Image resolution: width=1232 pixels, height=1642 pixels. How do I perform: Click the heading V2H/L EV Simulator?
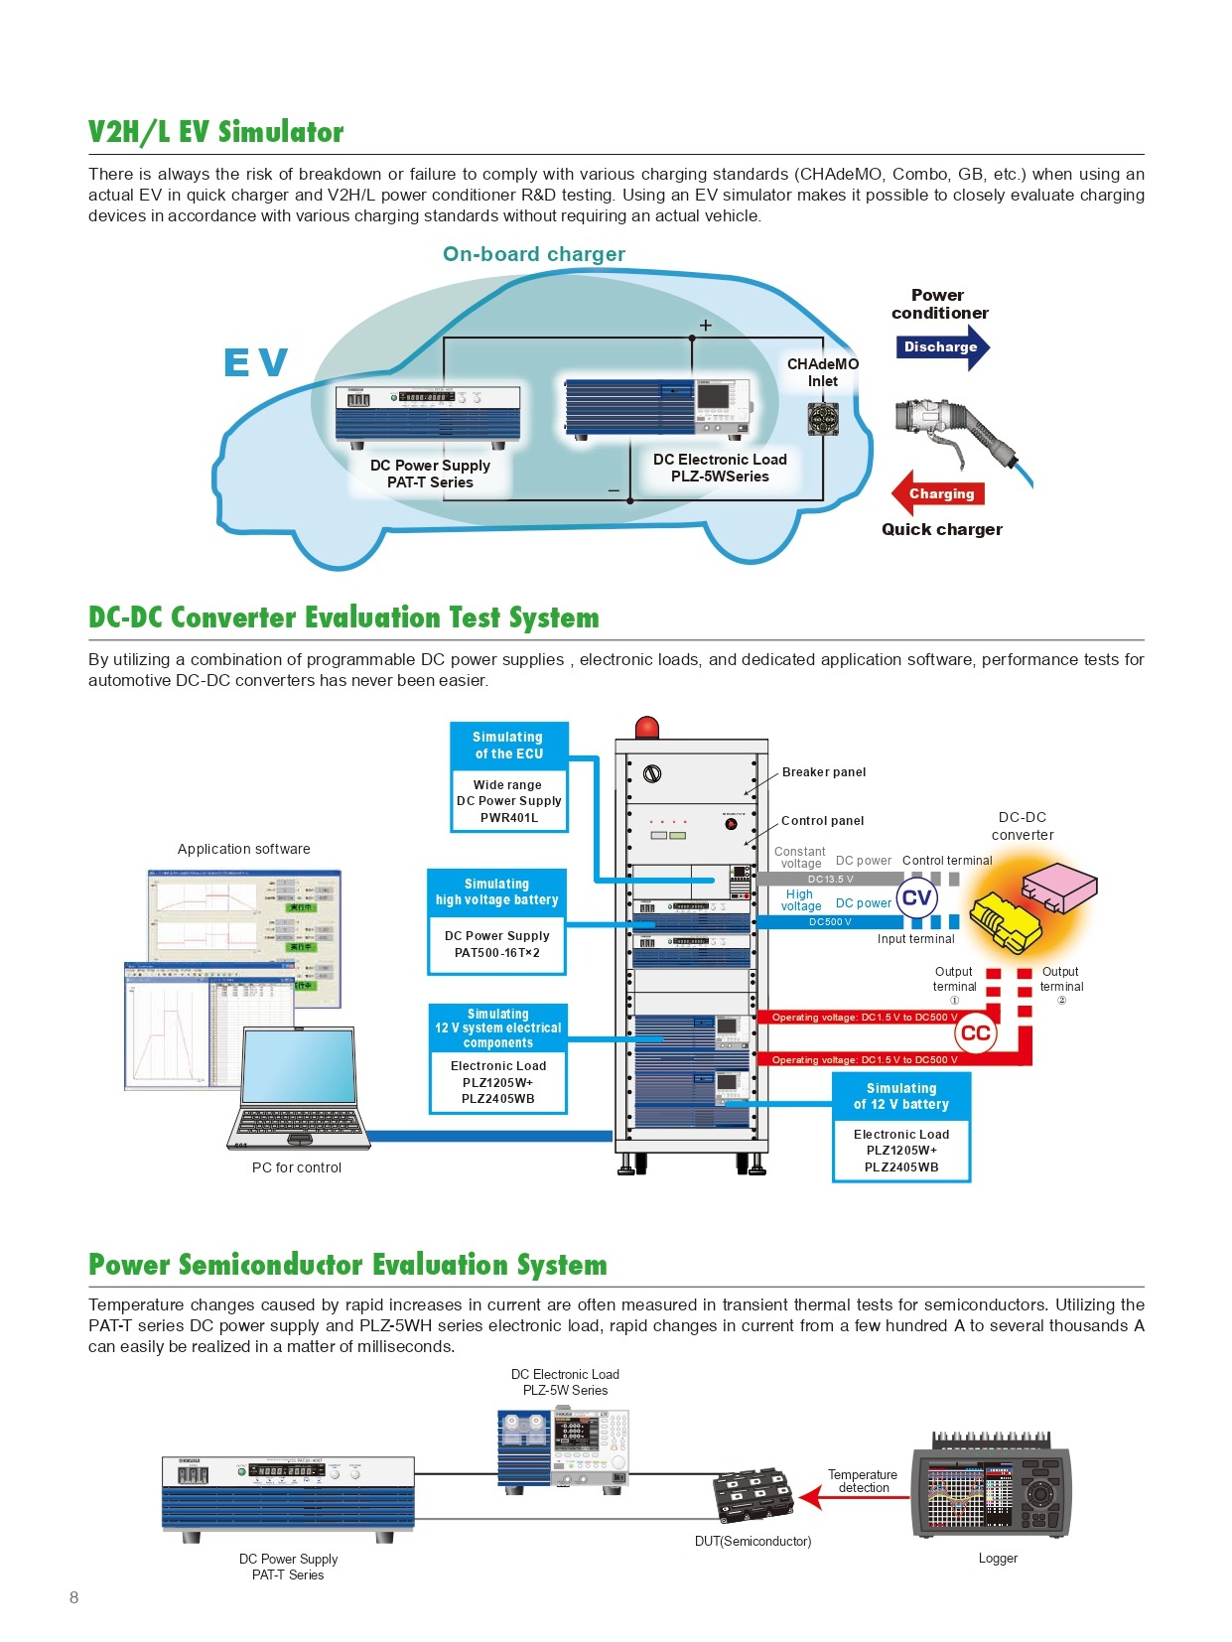point(216,132)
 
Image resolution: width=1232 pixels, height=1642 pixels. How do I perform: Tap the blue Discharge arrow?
point(942,346)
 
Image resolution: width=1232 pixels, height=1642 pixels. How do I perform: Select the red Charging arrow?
point(940,493)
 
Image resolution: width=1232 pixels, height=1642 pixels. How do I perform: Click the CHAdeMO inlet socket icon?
point(823,419)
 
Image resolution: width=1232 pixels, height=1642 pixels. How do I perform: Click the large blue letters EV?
point(255,362)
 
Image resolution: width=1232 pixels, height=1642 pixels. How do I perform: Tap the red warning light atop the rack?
point(647,727)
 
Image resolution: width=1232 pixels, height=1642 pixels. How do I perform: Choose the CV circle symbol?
point(916,898)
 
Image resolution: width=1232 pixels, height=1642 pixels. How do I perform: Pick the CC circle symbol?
point(975,1032)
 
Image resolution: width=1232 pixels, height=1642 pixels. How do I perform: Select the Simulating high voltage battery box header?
point(496,891)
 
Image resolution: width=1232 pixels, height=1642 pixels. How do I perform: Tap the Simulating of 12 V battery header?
point(900,1096)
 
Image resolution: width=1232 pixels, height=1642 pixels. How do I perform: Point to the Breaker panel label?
point(823,772)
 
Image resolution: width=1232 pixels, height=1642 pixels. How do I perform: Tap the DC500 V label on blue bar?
point(830,922)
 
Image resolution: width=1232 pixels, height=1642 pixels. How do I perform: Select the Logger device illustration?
point(992,1486)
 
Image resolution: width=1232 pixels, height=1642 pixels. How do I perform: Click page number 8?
point(74,1597)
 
